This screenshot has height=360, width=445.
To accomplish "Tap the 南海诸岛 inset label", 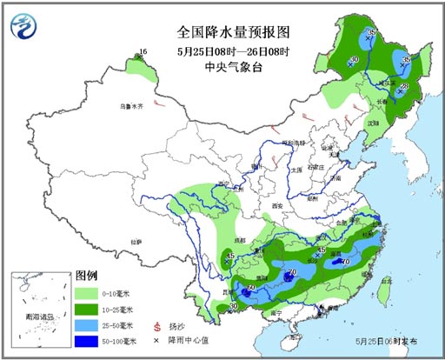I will tap(37, 318).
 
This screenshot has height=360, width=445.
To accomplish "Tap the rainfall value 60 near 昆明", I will tap(253, 288).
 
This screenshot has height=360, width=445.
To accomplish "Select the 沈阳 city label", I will tap(374, 123).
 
